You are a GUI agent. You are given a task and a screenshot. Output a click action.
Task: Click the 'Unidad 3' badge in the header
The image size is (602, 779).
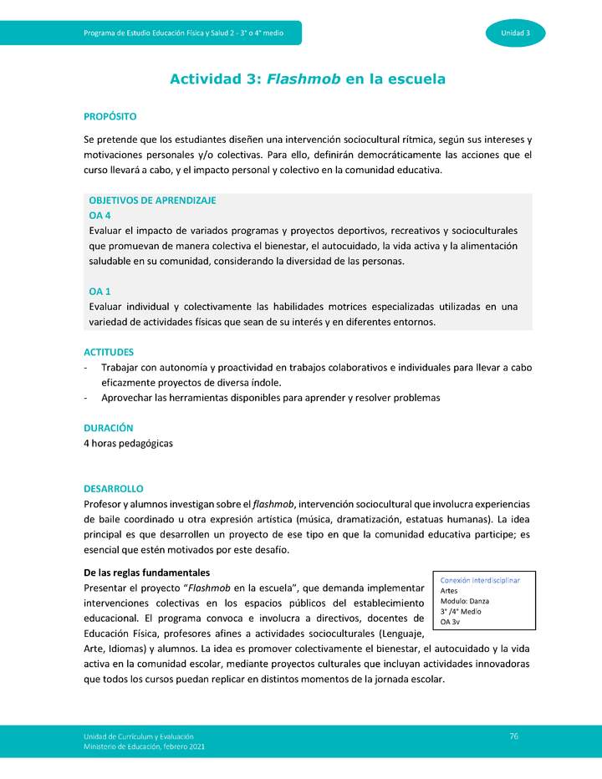pos(515,33)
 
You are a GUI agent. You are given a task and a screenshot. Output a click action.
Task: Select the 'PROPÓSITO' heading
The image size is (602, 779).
pos(110,116)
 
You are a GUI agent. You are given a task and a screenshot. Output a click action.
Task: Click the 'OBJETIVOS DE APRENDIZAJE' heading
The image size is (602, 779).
pos(152,201)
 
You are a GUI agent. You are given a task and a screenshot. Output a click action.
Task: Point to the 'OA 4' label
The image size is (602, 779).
pos(100,215)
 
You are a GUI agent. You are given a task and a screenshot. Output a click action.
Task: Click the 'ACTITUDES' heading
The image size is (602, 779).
pos(109,353)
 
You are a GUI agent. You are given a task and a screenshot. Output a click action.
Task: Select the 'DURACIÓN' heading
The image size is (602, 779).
pos(109,428)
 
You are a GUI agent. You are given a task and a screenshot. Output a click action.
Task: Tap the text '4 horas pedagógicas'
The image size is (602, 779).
pos(128,443)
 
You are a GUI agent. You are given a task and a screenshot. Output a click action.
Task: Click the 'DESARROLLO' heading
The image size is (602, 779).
pos(114,488)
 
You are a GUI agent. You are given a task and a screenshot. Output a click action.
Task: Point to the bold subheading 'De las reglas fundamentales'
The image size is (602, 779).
pos(146,573)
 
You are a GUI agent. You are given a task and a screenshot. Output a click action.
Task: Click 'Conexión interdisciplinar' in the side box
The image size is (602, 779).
pos(480,579)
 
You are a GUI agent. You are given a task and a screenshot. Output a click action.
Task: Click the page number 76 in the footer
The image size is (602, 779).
pos(514,736)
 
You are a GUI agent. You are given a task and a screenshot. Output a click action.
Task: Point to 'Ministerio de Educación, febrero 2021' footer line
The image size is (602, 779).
pos(144,746)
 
